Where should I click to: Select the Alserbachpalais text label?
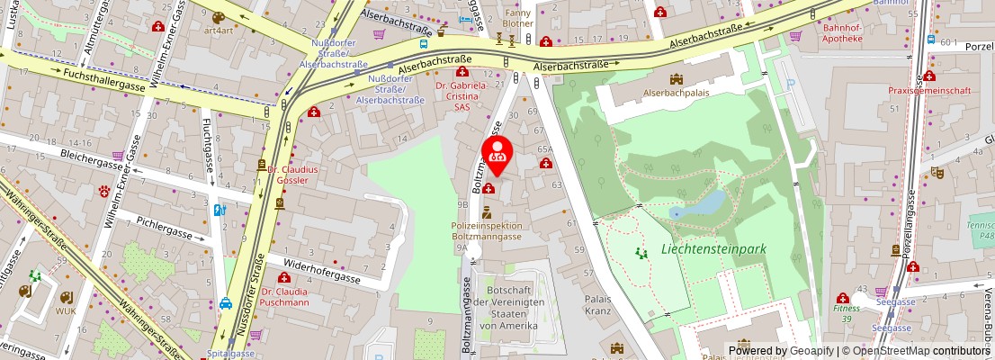click(676, 92)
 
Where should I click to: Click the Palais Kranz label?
click(597, 305)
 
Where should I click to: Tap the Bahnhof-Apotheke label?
click(843, 33)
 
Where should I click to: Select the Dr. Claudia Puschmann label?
click(281, 297)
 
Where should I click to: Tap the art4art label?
click(219, 30)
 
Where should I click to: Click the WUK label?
click(67, 310)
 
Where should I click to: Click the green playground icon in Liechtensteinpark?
click(641, 254)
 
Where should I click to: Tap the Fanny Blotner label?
click(518, 19)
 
